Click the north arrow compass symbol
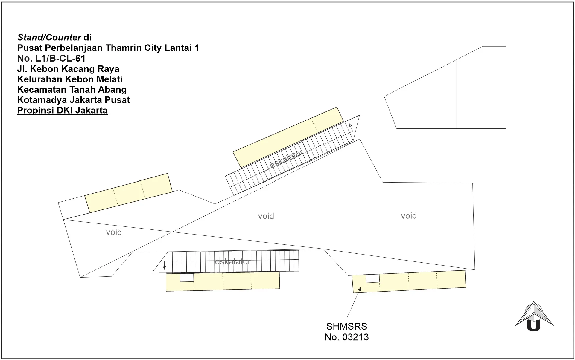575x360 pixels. point(534,317)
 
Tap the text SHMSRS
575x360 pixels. point(346,326)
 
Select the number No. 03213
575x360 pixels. point(346,337)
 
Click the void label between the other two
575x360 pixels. point(266,216)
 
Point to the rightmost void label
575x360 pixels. point(409,216)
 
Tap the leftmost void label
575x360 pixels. point(114,232)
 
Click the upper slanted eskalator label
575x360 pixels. point(286,159)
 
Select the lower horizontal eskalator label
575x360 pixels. point(233,262)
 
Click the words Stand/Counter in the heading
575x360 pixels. point(49,37)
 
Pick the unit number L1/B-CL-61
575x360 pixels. point(60,58)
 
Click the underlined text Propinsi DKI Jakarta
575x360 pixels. point(62,110)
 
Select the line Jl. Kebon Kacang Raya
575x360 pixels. point(68,69)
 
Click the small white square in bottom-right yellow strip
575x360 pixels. point(373,279)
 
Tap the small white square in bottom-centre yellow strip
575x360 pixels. point(187,278)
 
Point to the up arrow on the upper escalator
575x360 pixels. point(351,127)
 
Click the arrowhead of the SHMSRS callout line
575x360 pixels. point(360,289)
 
